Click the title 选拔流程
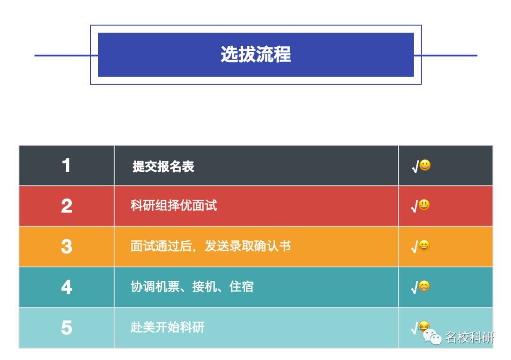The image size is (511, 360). click(255, 55)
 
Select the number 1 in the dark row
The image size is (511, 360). click(66, 166)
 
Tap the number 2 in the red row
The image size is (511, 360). click(66, 206)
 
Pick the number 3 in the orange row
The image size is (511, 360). click(66, 247)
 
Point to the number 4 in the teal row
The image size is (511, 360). click(66, 287)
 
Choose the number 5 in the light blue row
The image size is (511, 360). click(66, 328)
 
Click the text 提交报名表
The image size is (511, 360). click(163, 167)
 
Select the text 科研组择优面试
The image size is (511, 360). click(174, 206)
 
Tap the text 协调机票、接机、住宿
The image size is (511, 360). click(192, 287)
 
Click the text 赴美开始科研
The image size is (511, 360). click(167, 327)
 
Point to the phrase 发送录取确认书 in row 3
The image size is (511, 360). click(247, 246)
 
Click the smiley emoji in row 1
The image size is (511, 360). click(425, 166)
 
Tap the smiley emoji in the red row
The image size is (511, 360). click(425, 205)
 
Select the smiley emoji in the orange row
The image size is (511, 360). click(425, 246)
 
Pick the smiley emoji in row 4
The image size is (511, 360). click(425, 286)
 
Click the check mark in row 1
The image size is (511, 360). click(415, 167)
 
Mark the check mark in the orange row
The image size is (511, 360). click(415, 247)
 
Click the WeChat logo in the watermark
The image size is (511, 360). click(432, 337)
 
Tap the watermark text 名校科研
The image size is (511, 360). click(470, 338)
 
